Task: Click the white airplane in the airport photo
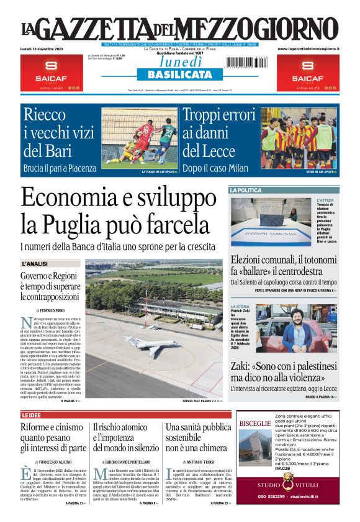click(151, 344)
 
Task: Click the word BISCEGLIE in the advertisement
click(254, 423)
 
